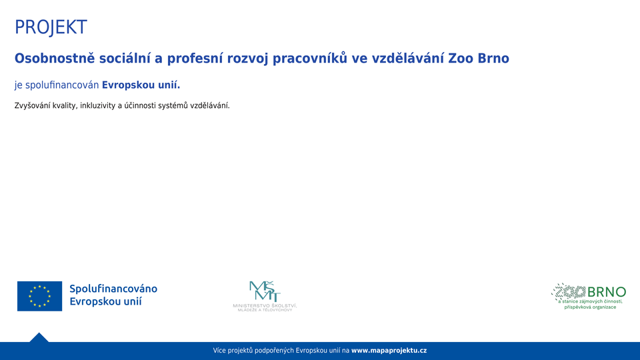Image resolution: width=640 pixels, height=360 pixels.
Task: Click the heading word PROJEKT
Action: (51, 27)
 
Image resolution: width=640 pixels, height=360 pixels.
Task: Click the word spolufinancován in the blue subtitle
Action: (62, 85)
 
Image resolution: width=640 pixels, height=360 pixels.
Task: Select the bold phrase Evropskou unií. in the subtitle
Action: (141, 85)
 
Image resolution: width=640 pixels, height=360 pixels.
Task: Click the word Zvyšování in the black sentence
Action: (33, 106)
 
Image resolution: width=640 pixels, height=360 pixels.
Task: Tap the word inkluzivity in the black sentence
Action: (98, 106)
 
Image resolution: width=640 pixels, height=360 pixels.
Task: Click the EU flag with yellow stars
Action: (39, 296)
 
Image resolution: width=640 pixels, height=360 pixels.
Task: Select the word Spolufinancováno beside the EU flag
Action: (113, 289)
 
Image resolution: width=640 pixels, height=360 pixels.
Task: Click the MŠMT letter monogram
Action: (265, 291)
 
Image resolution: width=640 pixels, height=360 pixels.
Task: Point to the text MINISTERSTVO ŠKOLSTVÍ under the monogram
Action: (265, 305)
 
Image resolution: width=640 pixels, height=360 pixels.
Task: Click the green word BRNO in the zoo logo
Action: (607, 292)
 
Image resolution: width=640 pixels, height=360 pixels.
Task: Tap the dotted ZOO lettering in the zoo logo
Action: (569, 291)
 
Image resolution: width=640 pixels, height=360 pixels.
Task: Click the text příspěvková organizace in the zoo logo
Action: (590, 307)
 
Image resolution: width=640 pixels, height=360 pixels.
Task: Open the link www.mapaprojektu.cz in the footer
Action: (389, 351)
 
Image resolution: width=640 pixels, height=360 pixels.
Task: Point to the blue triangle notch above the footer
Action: (39, 337)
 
